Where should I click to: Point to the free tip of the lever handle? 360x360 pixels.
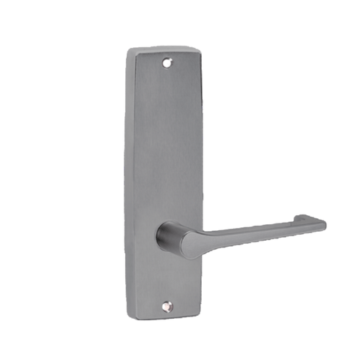pos(322,223)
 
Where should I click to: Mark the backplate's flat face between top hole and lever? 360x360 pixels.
pos(166,142)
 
